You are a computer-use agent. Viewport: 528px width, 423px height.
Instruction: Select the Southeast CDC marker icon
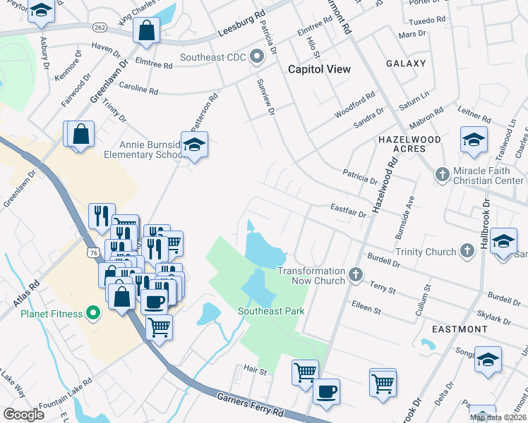click(x=256, y=56)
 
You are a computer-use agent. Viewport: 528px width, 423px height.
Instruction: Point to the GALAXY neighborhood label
click(x=406, y=63)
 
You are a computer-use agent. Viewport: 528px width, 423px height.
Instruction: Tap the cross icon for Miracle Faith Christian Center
click(x=442, y=174)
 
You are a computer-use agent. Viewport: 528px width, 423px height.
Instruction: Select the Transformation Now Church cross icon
click(x=356, y=272)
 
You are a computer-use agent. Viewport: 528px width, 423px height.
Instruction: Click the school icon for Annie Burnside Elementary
click(x=194, y=145)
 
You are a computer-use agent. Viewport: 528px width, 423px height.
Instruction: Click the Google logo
click(x=23, y=414)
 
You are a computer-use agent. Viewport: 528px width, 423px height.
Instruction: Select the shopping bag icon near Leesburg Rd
click(x=146, y=30)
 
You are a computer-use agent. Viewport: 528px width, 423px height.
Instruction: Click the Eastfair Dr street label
click(x=348, y=210)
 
